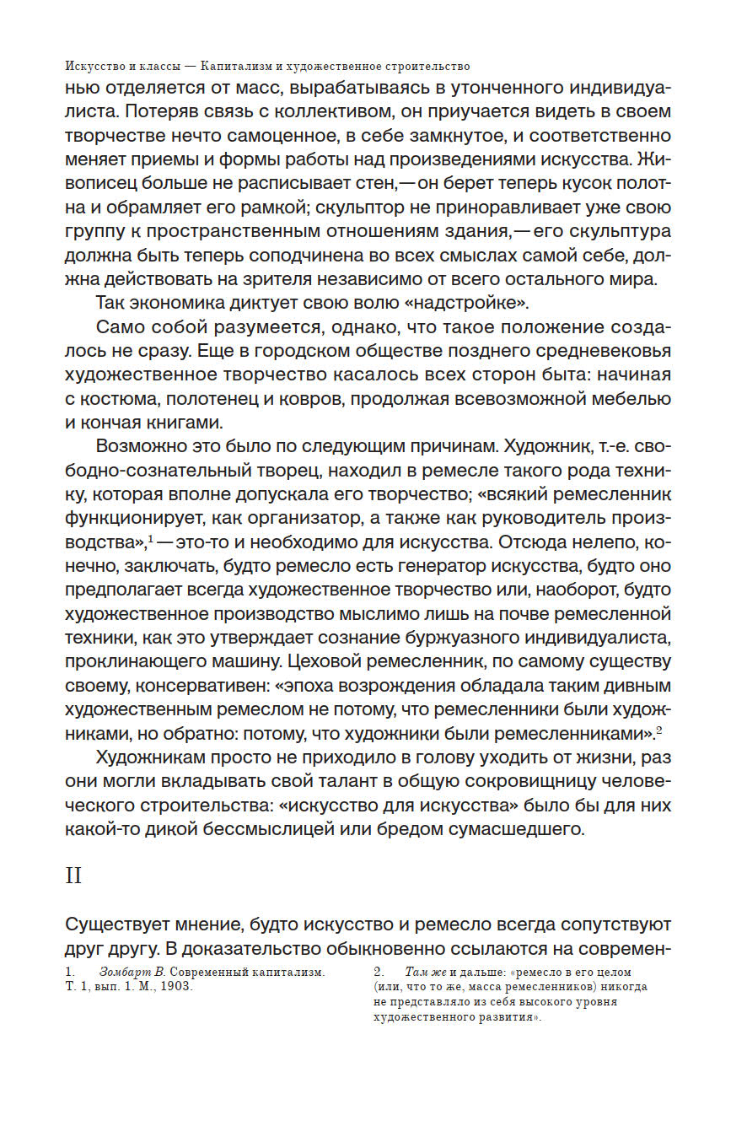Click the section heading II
click(x=73, y=876)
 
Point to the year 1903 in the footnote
click(x=175, y=987)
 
